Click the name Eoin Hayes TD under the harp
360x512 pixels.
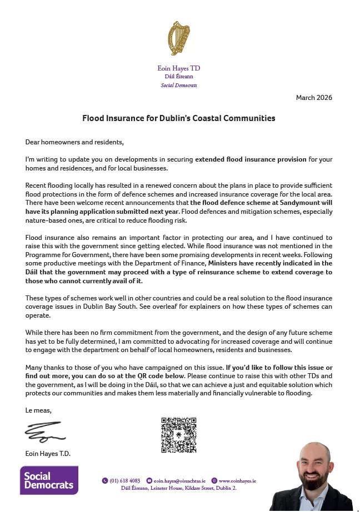pos(179,68)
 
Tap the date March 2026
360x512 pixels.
pos(314,98)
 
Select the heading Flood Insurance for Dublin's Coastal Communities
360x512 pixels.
pos(179,118)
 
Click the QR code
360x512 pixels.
pos(178,435)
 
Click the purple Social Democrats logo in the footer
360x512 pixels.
pos(49,480)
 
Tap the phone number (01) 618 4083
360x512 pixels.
pos(125,480)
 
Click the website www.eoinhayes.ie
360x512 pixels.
pos(237,480)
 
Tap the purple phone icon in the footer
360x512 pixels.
pos(105,480)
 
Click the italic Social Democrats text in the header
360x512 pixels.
pos(179,86)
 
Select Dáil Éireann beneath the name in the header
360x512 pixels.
pos(179,77)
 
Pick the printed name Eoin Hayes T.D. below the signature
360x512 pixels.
pos(48,454)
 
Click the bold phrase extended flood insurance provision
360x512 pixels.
pos(251,159)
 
